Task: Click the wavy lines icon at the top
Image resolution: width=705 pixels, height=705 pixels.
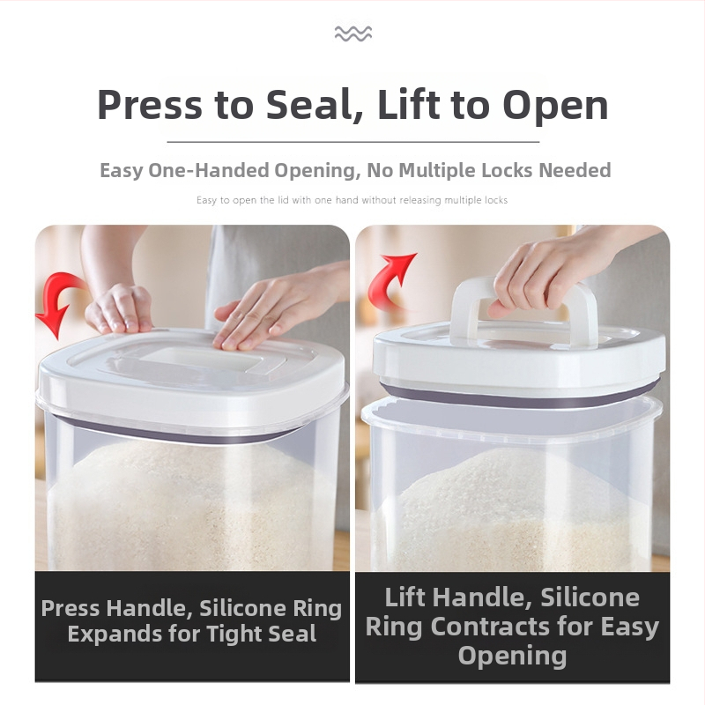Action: [353, 33]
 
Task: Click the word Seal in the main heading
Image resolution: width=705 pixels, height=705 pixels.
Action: [315, 105]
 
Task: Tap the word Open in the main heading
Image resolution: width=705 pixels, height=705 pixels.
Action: [555, 107]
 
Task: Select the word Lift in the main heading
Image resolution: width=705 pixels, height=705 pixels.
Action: [408, 104]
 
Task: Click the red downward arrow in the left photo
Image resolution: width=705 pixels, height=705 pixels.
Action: [61, 303]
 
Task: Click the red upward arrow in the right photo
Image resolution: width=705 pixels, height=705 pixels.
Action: [390, 281]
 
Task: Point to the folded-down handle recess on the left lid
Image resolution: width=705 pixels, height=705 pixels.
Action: [197, 360]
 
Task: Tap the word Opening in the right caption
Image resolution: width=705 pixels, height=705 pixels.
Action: [512, 656]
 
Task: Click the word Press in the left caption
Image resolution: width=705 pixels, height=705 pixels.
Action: [70, 608]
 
